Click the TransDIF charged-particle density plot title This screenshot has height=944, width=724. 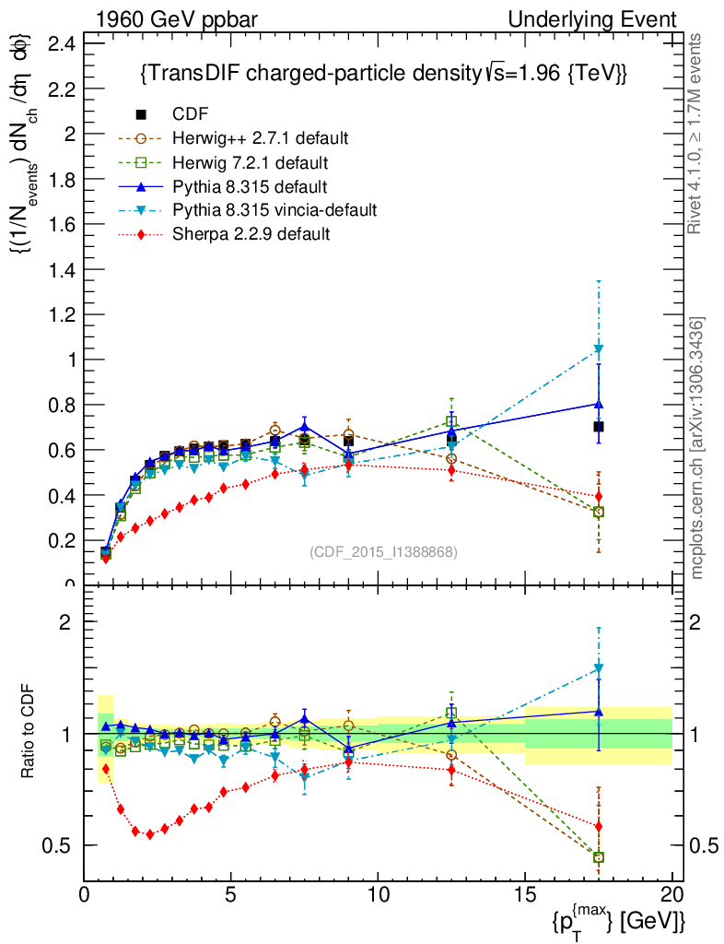coord(383,74)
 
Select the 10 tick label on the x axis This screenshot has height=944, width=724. coord(378,893)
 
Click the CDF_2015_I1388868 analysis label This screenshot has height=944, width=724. coord(383,551)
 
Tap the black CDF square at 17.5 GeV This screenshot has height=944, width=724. coord(599,427)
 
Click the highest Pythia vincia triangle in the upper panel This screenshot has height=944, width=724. coord(599,348)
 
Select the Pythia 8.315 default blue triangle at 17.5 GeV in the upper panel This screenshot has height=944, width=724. coord(599,404)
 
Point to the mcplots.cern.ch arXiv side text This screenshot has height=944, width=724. coord(698,448)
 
